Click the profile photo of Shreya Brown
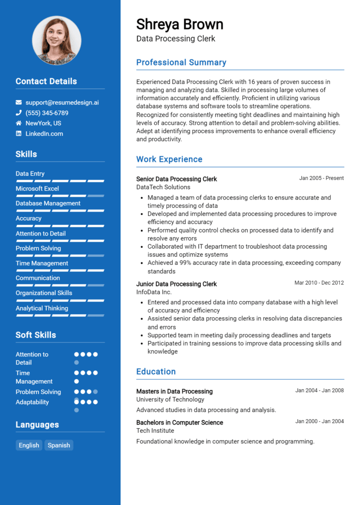pyautogui.click(x=56, y=40)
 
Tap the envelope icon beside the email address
pyautogui.click(x=19, y=102)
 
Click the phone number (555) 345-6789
pyautogui.click(x=47, y=113)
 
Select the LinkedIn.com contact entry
pyautogui.click(x=44, y=134)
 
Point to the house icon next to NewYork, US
pyautogui.click(x=19, y=123)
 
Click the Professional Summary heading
pyautogui.click(x=181, y=62)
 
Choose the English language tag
pyautogui.click(x=29, y=445)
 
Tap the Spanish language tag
pyautogui.click(x=59, y=445)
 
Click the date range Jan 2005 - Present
pyautogui.click(x=322, y=178)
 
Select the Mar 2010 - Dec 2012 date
pyautogui.click(x=319, y=283)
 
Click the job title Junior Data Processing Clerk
pyautogui.click(x=176, y=284)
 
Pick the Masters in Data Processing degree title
pyautogui.click(x=174, y=391)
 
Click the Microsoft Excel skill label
pyautogui.click(x=37, y=188)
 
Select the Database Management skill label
pyautogui.click(x=48, y=203)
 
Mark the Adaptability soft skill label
pyautogui.click(x=32, y=402)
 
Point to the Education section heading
pyautogui.click(x=156, y=371)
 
